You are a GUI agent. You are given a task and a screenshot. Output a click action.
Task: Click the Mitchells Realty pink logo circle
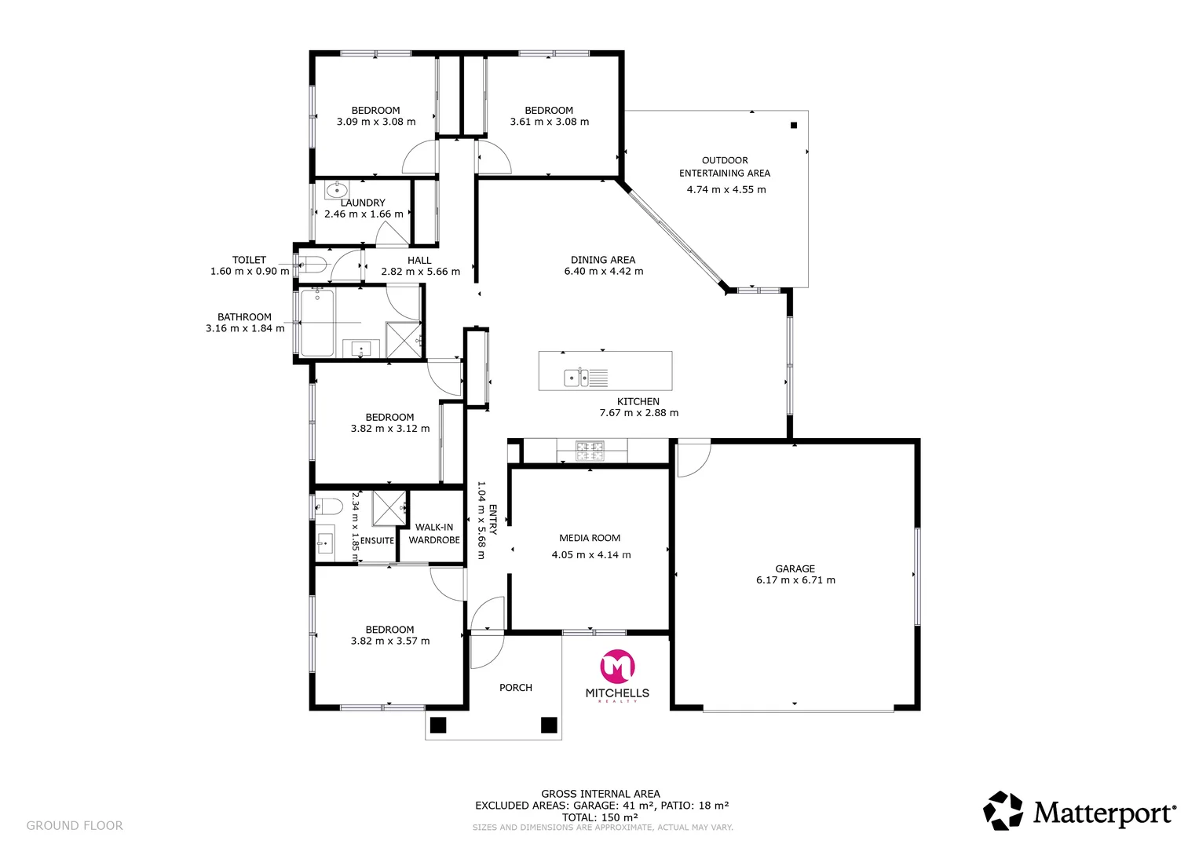pyautogui.click(x=617, y=667)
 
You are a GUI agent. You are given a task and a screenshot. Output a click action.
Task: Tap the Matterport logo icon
pyautogui.click(x=1003, y=810)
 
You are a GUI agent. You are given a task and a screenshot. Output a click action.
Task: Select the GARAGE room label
pyautogui.click(x=795, y=568)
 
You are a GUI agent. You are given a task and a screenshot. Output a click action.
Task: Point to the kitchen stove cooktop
pyautogui.click(x=590, y=450)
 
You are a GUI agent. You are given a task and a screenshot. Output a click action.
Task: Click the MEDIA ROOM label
pyautogui.click(x=590, y=538)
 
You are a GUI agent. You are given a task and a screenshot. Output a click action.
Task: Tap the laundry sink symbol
pyautogui.click(x=337, y=189)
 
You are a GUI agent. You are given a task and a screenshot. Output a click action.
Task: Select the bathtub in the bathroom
pyautogui.click(x=317, y=323)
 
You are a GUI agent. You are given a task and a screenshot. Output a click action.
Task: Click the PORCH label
pyautogui.click(x=515, y=687)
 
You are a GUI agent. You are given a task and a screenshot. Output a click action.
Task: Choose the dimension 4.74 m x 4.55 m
pyautogui.click(x=726, y=189)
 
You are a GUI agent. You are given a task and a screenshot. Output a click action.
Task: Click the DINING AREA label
pyautogui.click(x=603, y=260)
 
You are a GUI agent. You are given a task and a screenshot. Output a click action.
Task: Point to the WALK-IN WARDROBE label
pyautogui.click(x=434, y=534)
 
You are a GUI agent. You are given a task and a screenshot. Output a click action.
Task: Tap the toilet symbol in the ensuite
pyautogui.click(x=328, y=506)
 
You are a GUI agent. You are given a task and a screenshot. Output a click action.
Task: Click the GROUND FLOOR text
pyautogui.click(x=75, y=825)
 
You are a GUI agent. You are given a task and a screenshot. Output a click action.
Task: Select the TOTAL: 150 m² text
pyautogui.click(x=600, y=817)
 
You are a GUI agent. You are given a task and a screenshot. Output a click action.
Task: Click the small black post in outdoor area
pyautogui.click(x=794, y=126)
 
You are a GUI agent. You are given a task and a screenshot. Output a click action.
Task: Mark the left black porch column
pyautogui.click(x=438, y=725)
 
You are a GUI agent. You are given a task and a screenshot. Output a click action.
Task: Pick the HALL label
pyautogui.click(x=419, y=260)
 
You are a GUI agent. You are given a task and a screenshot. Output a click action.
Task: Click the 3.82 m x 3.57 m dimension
pyautogui.click(x=390, y=641)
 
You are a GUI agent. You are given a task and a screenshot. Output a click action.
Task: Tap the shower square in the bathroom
pyautogui.click(x=404, y=340)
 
